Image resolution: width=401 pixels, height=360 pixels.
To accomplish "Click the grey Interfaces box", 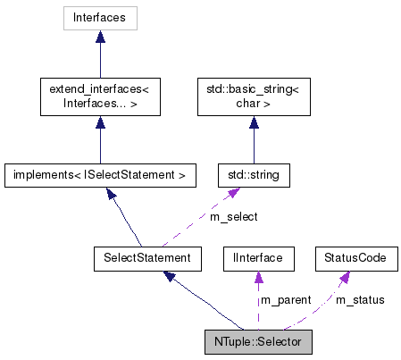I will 100,18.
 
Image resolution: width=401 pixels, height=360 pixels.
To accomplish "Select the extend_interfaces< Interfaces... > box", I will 100,96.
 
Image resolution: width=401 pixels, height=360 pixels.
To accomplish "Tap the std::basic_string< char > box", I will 253,96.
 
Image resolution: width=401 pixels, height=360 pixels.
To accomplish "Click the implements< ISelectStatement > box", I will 100,175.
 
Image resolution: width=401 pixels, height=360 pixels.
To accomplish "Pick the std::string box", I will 253,175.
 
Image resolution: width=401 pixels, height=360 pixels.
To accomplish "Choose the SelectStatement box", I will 142,258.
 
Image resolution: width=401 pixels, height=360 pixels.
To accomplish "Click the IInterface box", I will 257,258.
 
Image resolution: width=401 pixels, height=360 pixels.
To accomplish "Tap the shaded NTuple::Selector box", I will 258,342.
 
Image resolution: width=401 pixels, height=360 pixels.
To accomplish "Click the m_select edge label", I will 234,217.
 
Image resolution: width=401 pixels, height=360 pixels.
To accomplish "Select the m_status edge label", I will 360,300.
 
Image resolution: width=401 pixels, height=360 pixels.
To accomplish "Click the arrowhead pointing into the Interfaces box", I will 100,38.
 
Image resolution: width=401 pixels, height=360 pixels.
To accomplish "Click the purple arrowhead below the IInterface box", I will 257,277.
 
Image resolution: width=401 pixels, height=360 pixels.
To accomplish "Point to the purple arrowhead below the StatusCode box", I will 344,277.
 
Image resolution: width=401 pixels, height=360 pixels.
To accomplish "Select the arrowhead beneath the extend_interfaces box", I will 100,122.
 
